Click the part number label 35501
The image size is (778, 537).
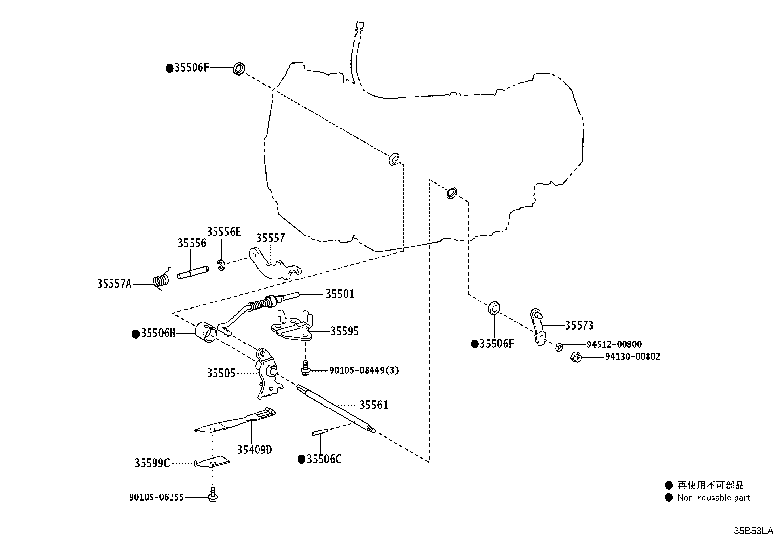coord(340,294)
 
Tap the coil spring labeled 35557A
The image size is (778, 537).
coord(161,279)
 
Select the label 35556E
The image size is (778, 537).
coord(224,231)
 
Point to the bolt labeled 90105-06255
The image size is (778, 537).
coord(213,494)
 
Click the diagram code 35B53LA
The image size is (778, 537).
coord(754,531)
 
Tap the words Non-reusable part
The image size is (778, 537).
coord(713,498)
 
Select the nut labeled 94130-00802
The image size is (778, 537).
coord(576,356)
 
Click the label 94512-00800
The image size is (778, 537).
coord(614,344)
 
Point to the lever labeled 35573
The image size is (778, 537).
coord(538,327)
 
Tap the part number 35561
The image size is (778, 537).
coord(373,405)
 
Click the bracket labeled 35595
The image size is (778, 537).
coord(292,326)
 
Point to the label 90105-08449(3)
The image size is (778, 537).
coord(364,370)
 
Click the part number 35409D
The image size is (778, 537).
coord(255,450)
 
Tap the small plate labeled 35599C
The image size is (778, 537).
coord(212,462)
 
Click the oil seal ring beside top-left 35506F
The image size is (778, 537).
coord(239,68)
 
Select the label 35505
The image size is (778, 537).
coord(221,373)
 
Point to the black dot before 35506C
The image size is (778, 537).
coord(302,459)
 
